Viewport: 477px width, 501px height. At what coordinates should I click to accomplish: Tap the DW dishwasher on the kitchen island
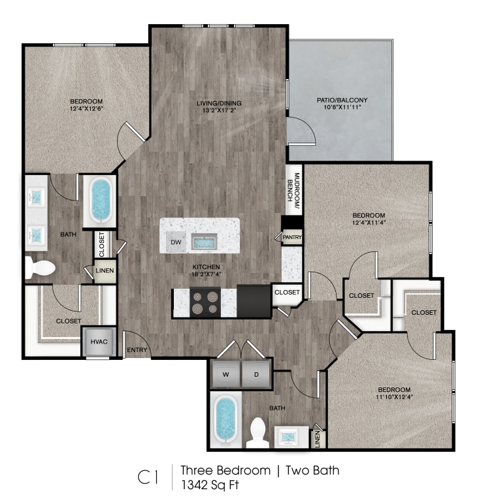tap(175, 242)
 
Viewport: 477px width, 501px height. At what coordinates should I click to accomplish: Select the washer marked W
tap(225, 375)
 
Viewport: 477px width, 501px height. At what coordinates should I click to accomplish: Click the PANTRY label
tap(291, 238)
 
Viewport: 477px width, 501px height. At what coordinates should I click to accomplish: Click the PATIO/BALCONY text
tap(342, 100)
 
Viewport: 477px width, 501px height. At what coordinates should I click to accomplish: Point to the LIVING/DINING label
tap(220, 103)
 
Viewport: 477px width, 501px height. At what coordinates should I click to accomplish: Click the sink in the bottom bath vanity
tap(288, 435)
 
